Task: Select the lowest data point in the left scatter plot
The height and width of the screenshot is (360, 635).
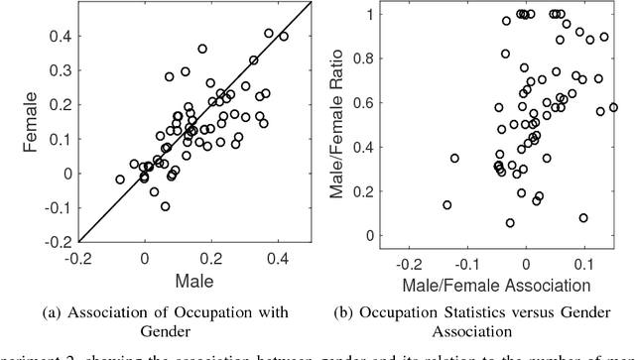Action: coord(165,206)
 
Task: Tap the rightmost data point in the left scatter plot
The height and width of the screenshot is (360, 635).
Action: coord(284,37)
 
